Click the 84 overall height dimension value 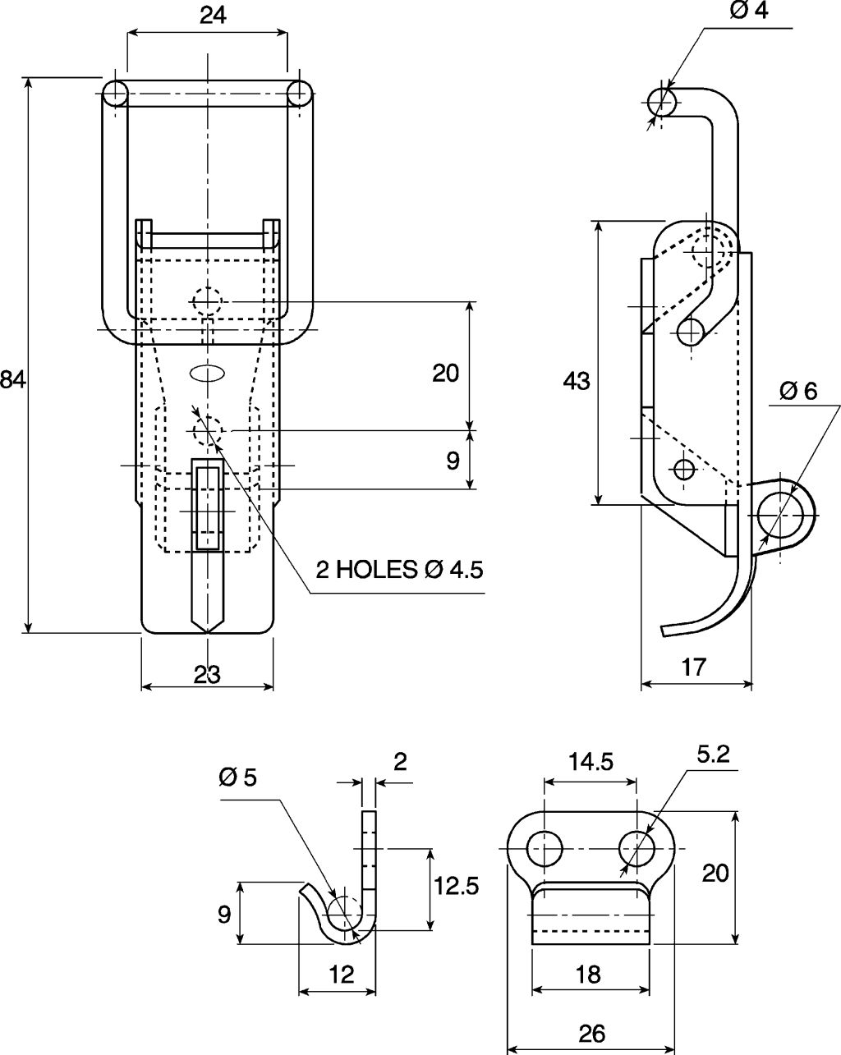(13, 380)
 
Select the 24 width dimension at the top (214, 16)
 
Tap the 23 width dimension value (208, 675)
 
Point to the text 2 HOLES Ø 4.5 (399, 570)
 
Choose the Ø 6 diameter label (798, 391)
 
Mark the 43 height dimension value (577, 381)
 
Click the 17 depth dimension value (693, 667)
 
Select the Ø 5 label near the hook (238, 777)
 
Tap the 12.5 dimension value (457, 886)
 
